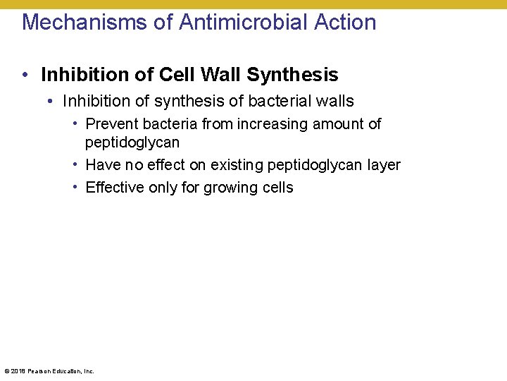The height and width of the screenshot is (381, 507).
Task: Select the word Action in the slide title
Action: (345, 22)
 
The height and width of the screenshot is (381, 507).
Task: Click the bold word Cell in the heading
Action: (179, 75)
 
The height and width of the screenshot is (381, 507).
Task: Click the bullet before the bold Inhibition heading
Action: (25, 75)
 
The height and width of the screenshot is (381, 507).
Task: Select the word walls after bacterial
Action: (334, 102)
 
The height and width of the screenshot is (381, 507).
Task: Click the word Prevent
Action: (111, 124)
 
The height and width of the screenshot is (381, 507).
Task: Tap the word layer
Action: (384, 165)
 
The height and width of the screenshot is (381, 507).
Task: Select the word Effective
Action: (115, 188)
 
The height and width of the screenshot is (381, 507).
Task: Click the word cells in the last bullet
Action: (275, 188)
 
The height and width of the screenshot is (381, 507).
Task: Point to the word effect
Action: (165, 165)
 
